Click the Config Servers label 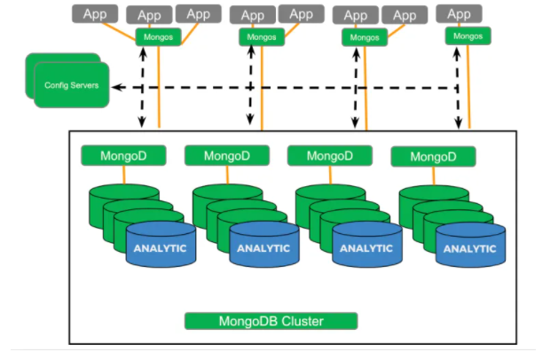72,86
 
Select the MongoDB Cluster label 271,320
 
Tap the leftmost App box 94,14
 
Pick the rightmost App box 460,14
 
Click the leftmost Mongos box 159,37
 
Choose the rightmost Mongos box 469,36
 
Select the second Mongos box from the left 262,37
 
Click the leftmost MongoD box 122,156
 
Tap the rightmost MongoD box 433,157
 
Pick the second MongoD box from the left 226,156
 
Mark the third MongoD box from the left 329,156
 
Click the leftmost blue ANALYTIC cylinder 160,247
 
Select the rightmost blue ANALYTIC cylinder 470,247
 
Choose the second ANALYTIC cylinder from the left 263,247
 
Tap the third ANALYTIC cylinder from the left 366,247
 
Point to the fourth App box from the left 253,14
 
